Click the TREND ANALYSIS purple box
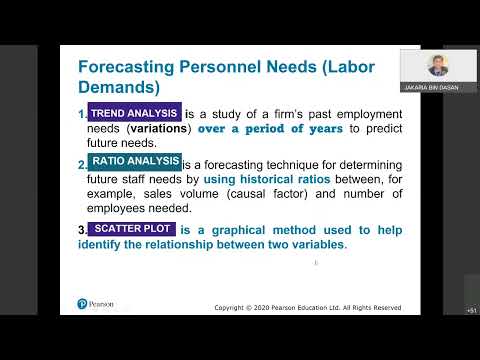point(133,114)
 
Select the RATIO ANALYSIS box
point(133,161)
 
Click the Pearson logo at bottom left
point(96,304)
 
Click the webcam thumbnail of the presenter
point(437,67)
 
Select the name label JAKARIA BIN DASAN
point(437,87)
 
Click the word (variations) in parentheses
point(161,130)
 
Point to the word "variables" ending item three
point(314,245)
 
